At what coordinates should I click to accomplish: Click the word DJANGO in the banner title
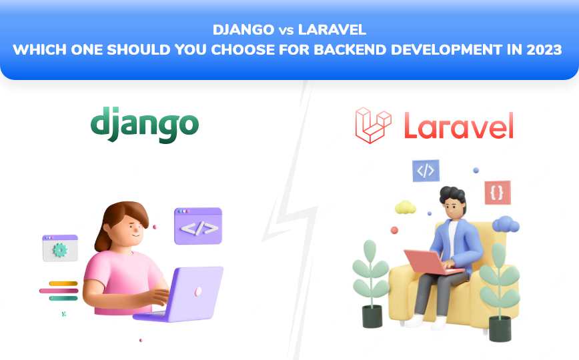243,30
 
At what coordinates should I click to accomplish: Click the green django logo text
145,125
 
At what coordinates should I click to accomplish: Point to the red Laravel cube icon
373,125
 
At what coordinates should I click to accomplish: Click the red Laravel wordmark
458,126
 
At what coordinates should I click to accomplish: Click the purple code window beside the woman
198,226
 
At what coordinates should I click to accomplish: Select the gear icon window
60,248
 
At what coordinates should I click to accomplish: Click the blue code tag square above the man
425,171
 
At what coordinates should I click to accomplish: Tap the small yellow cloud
406,207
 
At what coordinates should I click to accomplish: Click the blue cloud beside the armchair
505,224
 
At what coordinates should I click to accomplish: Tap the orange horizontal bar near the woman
63,283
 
